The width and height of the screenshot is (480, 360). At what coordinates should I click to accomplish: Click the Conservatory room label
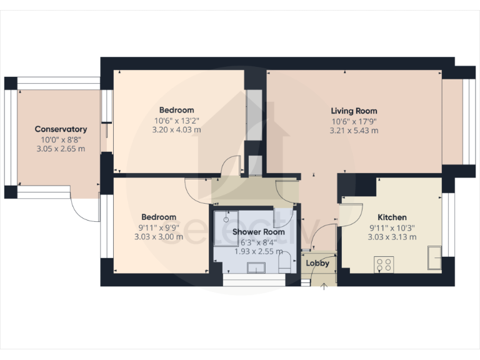[61, 129]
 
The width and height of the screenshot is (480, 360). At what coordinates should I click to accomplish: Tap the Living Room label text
[354, 111]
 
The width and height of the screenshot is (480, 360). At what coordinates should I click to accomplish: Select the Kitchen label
[392, 217]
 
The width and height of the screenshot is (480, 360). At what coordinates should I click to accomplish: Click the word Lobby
[317, 263]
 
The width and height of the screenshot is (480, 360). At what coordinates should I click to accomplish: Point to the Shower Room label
[259, 232]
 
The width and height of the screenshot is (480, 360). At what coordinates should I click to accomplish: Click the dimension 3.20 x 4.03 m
[176, 130]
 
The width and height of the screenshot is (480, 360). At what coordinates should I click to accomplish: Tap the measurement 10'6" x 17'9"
[354, 121]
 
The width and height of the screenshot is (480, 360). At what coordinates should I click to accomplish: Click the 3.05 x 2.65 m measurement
[61, 149]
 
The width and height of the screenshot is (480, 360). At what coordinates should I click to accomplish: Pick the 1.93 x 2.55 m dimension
[259, 251]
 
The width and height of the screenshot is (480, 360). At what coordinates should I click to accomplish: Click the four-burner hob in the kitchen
[383, 264]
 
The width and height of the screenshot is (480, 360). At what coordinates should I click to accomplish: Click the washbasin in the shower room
[256, 267]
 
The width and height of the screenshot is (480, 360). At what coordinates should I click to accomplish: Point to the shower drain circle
[227, 220]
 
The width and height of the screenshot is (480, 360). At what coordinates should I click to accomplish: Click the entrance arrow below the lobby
[324, 287]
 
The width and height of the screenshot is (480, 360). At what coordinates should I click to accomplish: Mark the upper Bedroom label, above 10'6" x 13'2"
[176, 110]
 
